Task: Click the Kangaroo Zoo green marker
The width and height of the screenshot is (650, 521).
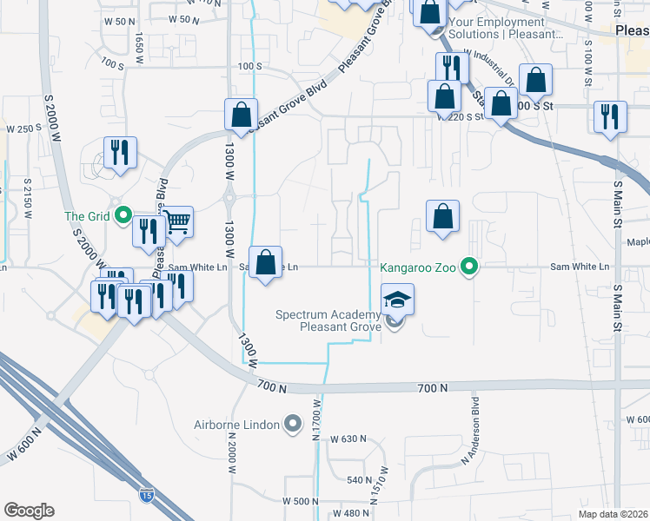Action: [x=470, y=267]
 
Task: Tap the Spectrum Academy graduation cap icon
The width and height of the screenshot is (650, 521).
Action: [x=396, y=300]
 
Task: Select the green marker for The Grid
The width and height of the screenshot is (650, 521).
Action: [x=123, y=215]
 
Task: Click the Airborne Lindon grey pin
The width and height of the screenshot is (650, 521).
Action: [x=293, y=425]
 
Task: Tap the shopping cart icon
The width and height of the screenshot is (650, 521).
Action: [x=177, y=221]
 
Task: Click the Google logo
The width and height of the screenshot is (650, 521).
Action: [x=29, y=511]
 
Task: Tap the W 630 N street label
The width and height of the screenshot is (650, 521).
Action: [x=349, y=439]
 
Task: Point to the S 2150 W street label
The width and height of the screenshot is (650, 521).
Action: [x=27, y=197]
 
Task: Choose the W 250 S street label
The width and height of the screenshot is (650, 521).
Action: [x=24, y=129]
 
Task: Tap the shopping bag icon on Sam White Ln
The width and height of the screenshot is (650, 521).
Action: [x=266, y=261]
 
